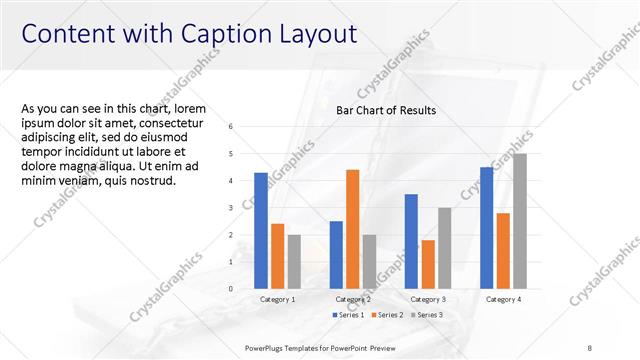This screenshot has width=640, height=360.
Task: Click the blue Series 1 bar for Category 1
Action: click(x=261, y=231)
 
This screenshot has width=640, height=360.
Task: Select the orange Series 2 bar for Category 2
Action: click(x=353, y=229)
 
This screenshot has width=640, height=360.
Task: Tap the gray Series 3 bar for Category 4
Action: click(x=519, y=221)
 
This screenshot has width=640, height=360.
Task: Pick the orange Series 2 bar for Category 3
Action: click(x=428, y=264)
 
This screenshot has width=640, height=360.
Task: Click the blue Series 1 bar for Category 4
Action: click(x=487, y=228)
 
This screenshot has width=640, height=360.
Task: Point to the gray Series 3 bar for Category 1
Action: click(x=294, y=262)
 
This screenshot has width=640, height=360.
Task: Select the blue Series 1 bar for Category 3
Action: click(x=411, y=241)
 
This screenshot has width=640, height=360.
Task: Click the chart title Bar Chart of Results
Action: click(x=386, y=110)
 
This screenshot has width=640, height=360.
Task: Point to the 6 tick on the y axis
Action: click(x=231, y=127)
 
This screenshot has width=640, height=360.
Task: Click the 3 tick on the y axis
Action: click(x=231, y=208)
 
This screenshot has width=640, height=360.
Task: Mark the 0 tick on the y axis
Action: click(x=231, y=289)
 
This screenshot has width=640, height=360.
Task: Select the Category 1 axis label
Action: click(x=277, y=300)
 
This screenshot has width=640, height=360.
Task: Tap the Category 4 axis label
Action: click(x=502, y=300)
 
